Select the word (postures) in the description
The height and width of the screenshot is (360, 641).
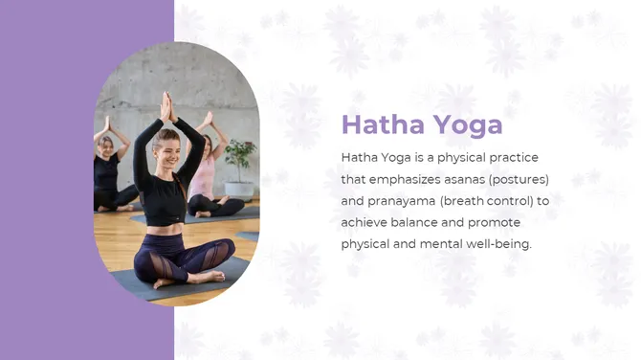pyautogui.click(x=518, y=179)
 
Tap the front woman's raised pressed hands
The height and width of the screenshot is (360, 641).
pyautogui.click(x=166, y=106)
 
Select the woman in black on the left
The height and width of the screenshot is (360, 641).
pyautogui.click(x=107, y=172)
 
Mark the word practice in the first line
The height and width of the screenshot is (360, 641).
pyautogui.click(x=513, y=157)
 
